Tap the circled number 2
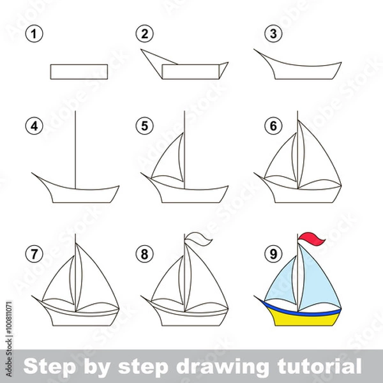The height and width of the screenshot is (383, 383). point(145,34)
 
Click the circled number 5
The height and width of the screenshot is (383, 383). point(145,126)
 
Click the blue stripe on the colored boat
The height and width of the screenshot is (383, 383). point(300,310)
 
